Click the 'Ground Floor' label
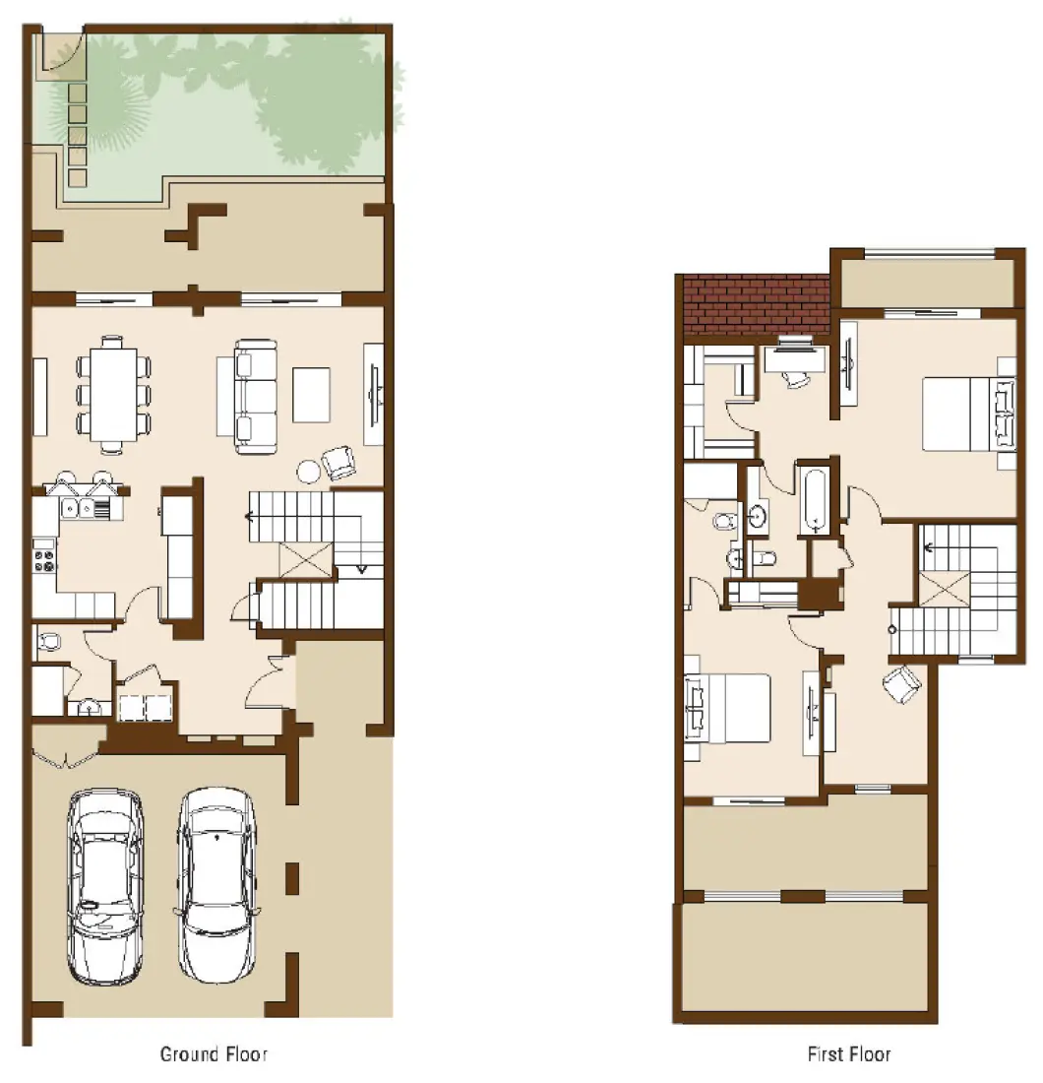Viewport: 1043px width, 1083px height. point(214,1054)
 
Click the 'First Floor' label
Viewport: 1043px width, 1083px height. point(848,1054)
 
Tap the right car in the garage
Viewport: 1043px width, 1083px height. point(217,883)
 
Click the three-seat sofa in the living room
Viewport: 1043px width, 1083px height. point(254,396)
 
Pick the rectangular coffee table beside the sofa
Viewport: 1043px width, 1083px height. point(312,394)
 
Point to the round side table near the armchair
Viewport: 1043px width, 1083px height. point(309,472)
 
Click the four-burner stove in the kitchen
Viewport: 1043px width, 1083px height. point(45,558)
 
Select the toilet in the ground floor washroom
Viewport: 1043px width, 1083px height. point(47,643)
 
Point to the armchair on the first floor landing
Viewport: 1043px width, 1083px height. point(902,683)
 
